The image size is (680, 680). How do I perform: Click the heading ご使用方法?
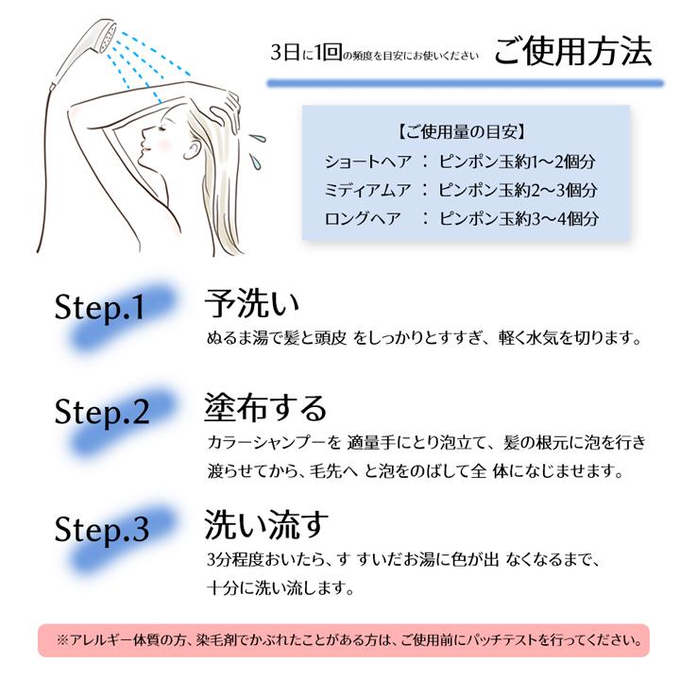(572, 52)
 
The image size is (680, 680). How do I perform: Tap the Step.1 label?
(101, 308)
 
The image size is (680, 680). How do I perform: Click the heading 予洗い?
(252, 304)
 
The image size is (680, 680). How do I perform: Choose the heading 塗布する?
(265, 408)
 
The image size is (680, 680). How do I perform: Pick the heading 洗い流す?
(265, 523)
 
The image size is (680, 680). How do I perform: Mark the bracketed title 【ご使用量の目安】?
(462, 130)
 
